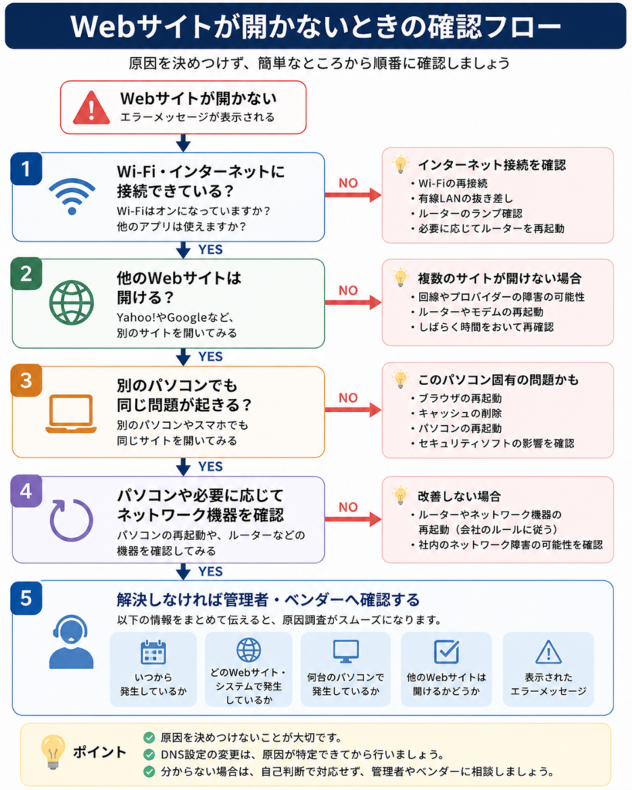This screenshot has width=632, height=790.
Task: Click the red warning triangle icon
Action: [91, 108]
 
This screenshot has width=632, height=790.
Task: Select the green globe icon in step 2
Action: [72, 302]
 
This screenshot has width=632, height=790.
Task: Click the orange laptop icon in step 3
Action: [71, 414]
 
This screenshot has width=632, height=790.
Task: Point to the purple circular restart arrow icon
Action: [71, 520]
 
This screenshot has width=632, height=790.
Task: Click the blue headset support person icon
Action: [71, 641]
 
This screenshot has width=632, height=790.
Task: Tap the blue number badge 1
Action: [26, 169]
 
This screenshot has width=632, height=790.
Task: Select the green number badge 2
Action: [26, 274]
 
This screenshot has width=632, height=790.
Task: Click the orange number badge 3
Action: [26, 381]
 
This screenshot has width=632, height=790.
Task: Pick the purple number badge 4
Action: [26, 491]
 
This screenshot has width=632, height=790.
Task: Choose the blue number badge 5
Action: [26, 598]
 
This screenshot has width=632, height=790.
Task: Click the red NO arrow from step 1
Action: [353, 194]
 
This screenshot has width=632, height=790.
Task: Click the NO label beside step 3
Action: [348, 398]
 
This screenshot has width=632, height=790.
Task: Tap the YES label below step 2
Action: [211, 356]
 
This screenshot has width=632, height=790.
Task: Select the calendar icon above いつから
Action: [154, 652]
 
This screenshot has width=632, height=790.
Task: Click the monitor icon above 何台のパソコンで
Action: [346, 651]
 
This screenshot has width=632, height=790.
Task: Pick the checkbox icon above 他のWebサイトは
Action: [447, 651]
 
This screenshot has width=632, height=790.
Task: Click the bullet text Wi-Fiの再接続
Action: [452, 184]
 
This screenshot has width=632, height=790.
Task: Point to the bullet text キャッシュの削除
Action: [460, 414]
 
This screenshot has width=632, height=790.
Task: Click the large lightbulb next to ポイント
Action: [53, 751]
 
